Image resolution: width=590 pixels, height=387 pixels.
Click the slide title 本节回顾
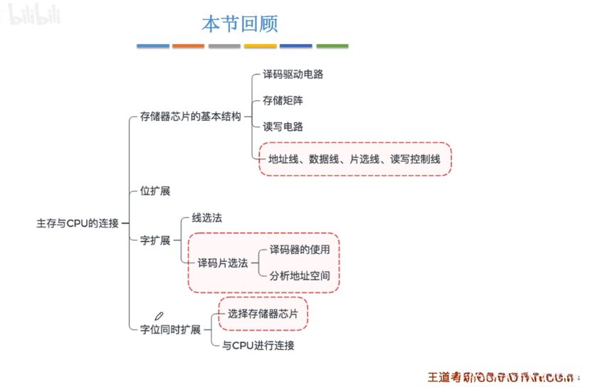[239, 24]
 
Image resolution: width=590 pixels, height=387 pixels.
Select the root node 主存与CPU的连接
[78, 223]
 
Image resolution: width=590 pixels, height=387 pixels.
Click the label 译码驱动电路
[288, 74]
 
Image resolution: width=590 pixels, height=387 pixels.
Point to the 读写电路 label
[283, 127]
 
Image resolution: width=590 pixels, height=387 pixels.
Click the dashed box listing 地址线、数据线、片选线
[354, 159]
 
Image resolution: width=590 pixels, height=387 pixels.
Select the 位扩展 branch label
[155, 191]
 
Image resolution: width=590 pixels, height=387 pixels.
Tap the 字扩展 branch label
[155, 240]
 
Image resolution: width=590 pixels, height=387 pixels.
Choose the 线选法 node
[207, 218]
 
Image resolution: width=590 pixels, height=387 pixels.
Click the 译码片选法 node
[223, 263]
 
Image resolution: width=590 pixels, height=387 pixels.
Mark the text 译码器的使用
[300, 250]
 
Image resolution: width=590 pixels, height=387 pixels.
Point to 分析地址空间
[300, 276]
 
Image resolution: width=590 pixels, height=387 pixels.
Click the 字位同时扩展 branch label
[171, 329]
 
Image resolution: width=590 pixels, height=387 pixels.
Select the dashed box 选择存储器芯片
[263, 314]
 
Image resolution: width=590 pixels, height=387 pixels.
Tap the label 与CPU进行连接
[258, 346]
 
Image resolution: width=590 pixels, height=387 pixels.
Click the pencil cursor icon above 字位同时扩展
[159, 315]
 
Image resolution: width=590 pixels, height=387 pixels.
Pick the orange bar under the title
[189, 46]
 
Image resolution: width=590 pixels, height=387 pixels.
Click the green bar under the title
[332, 46]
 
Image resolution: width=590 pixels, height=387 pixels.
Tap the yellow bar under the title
[260, 46]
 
